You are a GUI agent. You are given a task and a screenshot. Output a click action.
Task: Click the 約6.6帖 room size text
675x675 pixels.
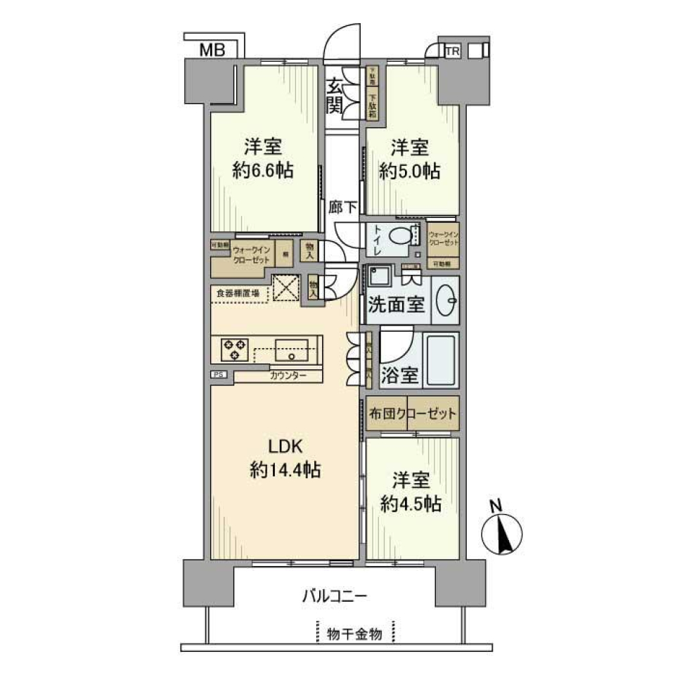(x=265, y=170)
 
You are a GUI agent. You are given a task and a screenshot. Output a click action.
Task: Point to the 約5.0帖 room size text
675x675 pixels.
(x=410, y=170)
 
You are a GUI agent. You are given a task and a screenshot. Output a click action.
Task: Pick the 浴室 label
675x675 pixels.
(x=400, y=375)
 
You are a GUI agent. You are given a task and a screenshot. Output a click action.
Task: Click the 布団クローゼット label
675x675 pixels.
(x=412, y=413)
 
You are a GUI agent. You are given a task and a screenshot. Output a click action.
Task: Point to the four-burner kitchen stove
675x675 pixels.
(x=233, y=348)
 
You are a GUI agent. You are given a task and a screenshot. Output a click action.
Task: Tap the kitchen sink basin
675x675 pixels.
(x=290, y=348)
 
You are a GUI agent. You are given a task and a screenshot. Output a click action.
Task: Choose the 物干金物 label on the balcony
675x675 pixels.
(x=355, y=634)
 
